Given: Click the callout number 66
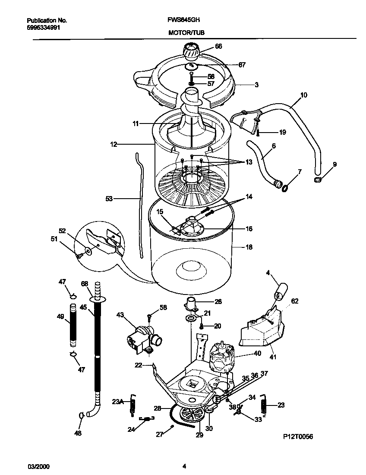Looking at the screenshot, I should click(218, 46).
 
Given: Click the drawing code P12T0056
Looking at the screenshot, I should click(298, 437).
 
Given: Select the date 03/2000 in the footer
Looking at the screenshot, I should click(37, 466).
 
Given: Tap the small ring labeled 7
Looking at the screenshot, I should click(285, 187).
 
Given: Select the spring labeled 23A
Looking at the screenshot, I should click(133, 405).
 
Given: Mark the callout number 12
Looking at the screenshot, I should click(114, 145).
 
